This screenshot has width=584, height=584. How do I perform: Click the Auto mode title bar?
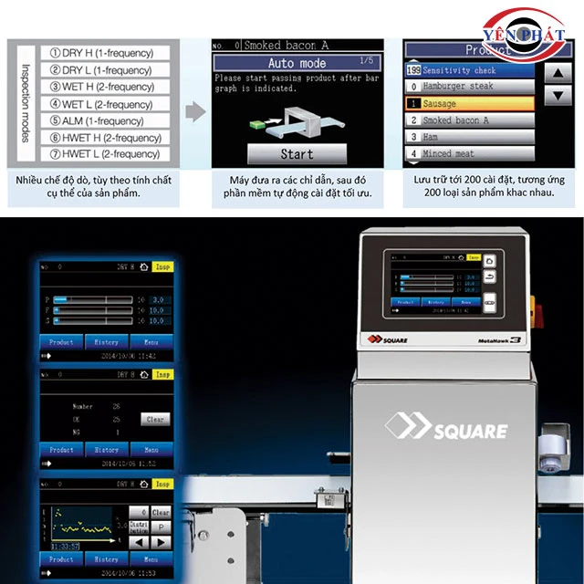(x=297, y=63)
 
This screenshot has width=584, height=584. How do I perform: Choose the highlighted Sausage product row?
(x=468, y=103)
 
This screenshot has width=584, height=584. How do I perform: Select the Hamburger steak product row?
(x=468, y=86)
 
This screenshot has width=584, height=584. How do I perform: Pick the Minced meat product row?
(x=468, y=153)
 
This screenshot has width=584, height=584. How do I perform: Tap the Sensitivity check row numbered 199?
(x=468, y=69)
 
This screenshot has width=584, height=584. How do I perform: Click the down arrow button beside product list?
(x=557, y=94)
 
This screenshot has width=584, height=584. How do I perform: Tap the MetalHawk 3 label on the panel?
(x=498, y=340)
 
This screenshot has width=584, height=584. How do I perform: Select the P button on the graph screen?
(x=161, y=527)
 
